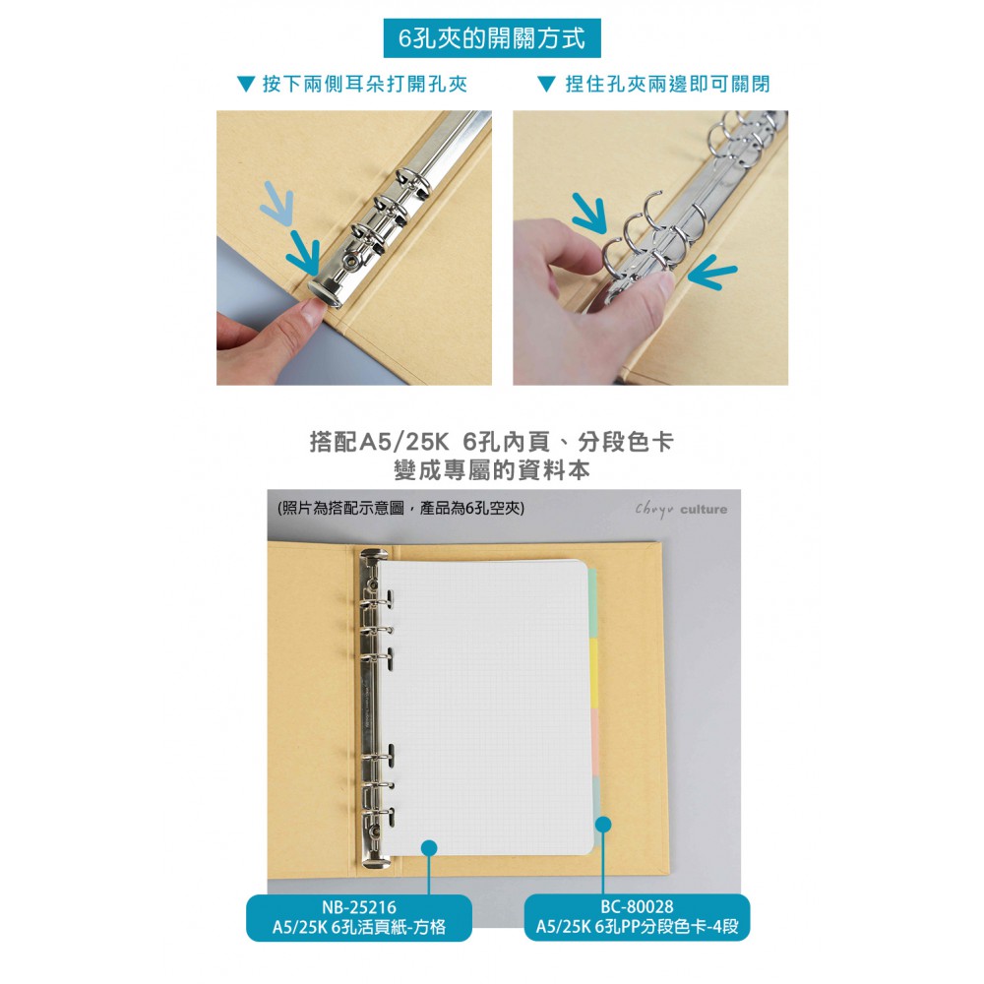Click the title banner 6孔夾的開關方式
(492, 38)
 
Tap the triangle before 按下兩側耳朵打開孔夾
(246, 84)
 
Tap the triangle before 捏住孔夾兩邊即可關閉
(547, 84)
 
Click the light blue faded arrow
(278, 203)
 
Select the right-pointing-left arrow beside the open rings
(712, 273)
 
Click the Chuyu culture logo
(681, 510)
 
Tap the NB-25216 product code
(359, 907)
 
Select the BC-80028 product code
(637, 907)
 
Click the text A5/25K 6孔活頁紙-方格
(359, 927)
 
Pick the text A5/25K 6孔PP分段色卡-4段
(637, 927)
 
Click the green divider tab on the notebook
(592, 602)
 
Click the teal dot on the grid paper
(429, 848)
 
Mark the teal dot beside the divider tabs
(603, 824)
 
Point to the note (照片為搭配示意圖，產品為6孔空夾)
(401, 508)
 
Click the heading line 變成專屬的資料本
(492, 470)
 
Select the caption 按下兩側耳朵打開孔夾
(365, 84)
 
